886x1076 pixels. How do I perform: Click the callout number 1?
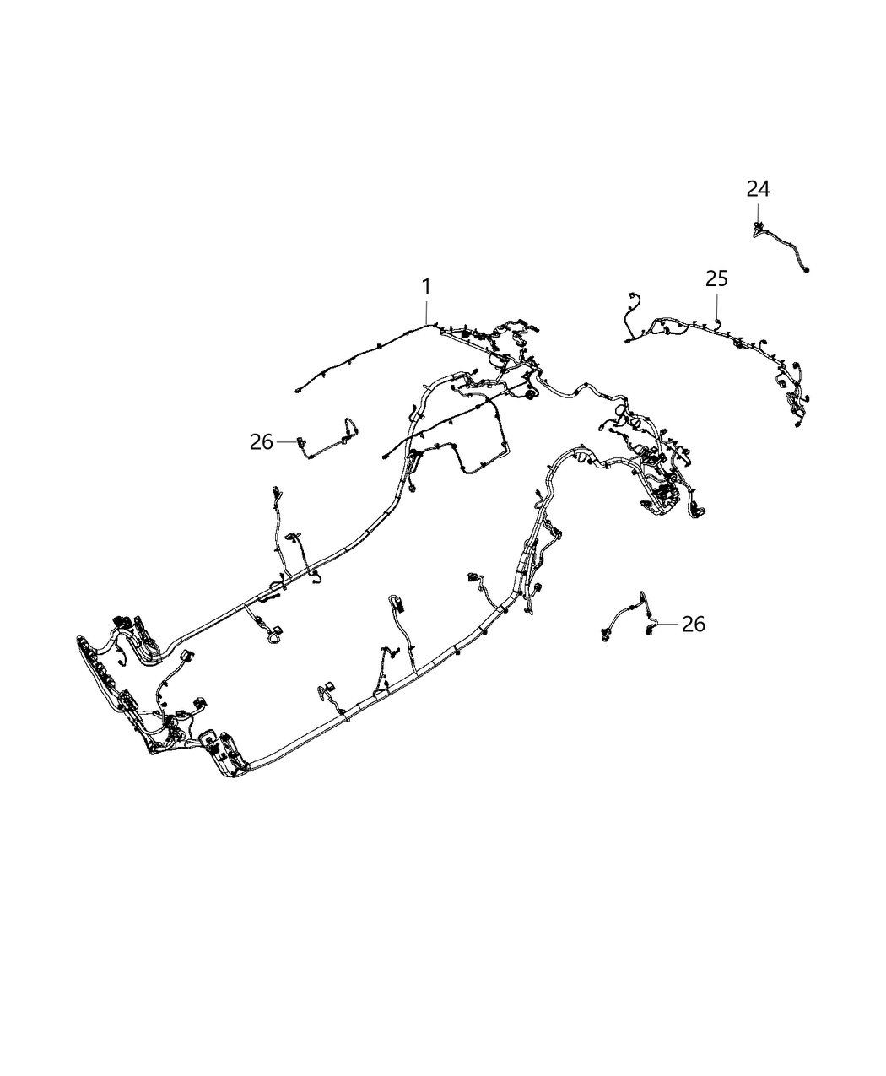coord(427,287)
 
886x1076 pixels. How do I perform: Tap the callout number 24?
coord(758,189)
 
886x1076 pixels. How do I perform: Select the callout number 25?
coord(716,279)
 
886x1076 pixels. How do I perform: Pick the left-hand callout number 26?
coord(262,441)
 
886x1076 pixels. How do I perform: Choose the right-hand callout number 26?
coord(693,625)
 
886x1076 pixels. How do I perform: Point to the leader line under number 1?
coord(427,311)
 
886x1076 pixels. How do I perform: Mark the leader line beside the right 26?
coord(667,624)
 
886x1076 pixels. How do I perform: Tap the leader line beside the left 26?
coord(286,441)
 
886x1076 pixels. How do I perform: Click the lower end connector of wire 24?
coord(808,270)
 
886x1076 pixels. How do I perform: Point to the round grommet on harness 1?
coord(531,394)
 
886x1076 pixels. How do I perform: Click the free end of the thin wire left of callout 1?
coord(298,391)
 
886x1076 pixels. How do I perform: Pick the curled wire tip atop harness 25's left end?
coord(630,295)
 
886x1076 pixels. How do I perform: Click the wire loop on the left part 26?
coord(348,424)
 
